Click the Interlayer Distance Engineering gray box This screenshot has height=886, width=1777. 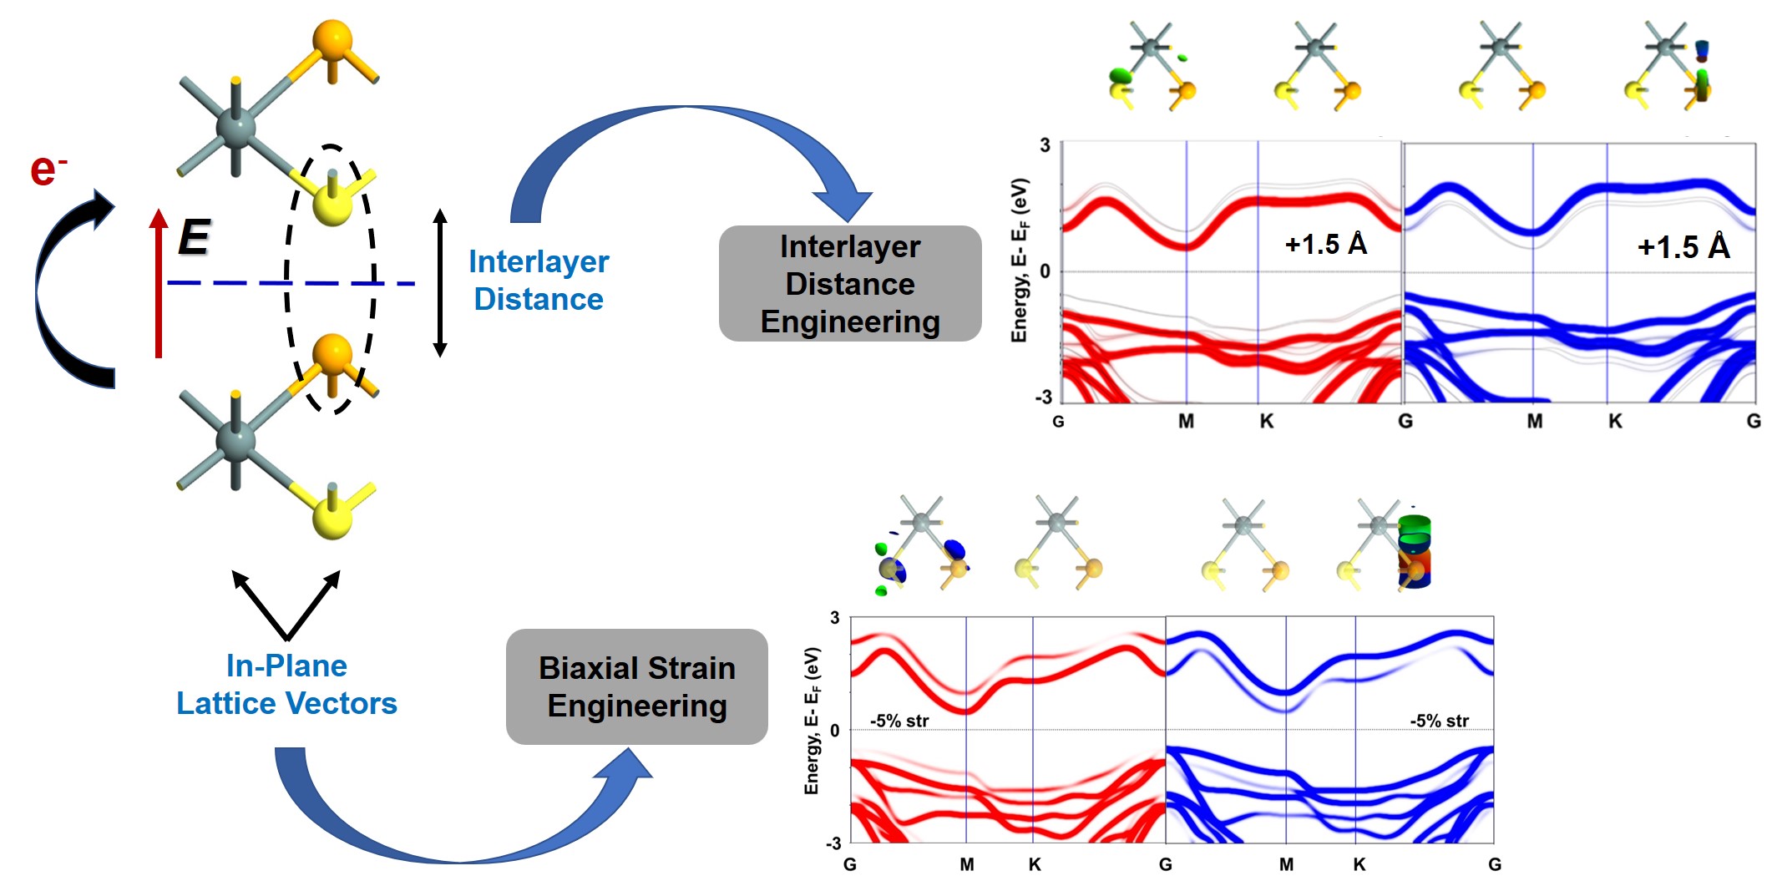pos(849,284)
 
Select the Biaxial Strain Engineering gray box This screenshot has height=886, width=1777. pos(636,686)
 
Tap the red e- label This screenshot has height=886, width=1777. pos(48,170)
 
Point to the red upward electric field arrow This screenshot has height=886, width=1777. pos(158,284)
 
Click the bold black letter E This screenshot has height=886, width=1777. pos(195,237)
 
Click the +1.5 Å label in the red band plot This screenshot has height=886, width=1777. pos(1325,244)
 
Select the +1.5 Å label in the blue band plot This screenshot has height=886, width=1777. pos(1683,247)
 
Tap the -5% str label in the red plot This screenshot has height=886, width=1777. pos(899,721)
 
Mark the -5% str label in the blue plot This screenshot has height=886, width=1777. pos(1439,721)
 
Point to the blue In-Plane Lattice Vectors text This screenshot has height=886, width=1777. pos(286,685)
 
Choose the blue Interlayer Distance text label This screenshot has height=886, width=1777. pos(539,281)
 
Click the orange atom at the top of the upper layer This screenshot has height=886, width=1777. pos(332,42)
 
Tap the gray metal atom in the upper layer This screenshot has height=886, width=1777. pos(235,127)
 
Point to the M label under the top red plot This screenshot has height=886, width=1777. pos(1186,422)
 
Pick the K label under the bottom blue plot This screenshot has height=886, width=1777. pos(1359,865)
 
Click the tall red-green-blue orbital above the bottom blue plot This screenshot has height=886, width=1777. pos(1414,551)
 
